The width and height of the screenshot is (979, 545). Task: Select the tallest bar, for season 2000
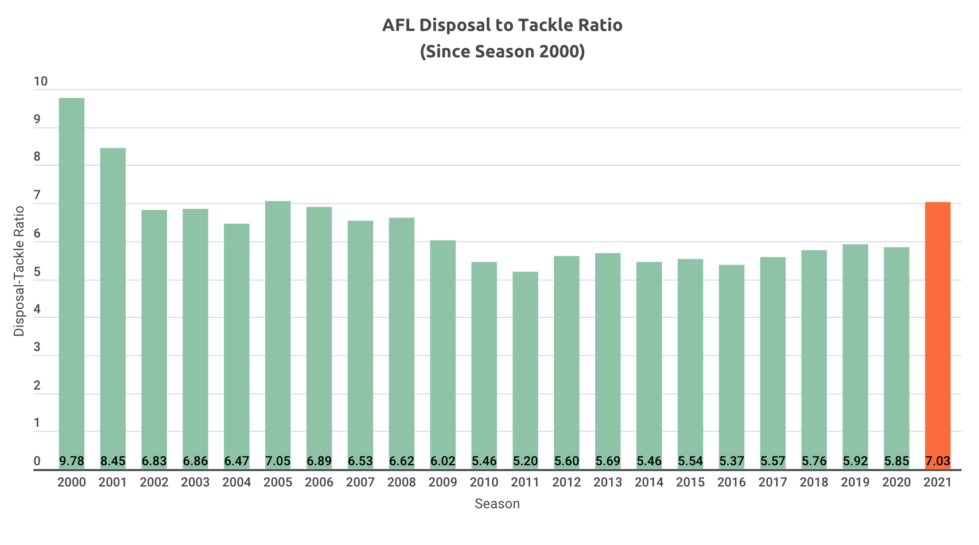(x=72, y=275)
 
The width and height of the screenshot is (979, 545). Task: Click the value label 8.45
(x=113, y=461)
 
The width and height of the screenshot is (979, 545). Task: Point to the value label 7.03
(x=938, y=461)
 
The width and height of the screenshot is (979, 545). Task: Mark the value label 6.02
(x=443, y=461)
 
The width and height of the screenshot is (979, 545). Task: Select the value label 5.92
(x=855, y=461)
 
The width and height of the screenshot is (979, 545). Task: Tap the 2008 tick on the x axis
(x=402, y=482)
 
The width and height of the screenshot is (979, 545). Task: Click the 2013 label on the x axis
(x=608, y=482)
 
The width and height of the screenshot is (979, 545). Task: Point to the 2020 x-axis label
(x=896, y=482)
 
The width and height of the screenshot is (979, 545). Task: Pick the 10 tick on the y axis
(x=41, y=81)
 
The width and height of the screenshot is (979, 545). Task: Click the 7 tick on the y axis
(x=37, y=196)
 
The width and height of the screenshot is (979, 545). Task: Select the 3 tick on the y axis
(x=37, y=348)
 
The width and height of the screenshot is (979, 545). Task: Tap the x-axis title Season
(x=497, y=504)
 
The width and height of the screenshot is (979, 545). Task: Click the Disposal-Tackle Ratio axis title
(x=20, y=271)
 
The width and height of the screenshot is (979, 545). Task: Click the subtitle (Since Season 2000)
(x=502, y=52)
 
